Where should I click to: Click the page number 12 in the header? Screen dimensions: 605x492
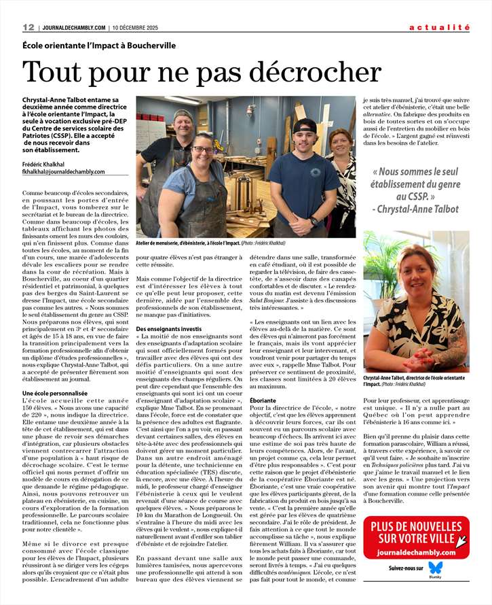[29, 27]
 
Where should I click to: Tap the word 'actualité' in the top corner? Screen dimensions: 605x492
[439, 27]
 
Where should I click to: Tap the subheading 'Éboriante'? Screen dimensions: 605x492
[263, 400]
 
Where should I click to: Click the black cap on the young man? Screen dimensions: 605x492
[305, 125]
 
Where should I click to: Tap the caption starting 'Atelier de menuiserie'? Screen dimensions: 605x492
[201, 243]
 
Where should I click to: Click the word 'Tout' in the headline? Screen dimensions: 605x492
[51, 72]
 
